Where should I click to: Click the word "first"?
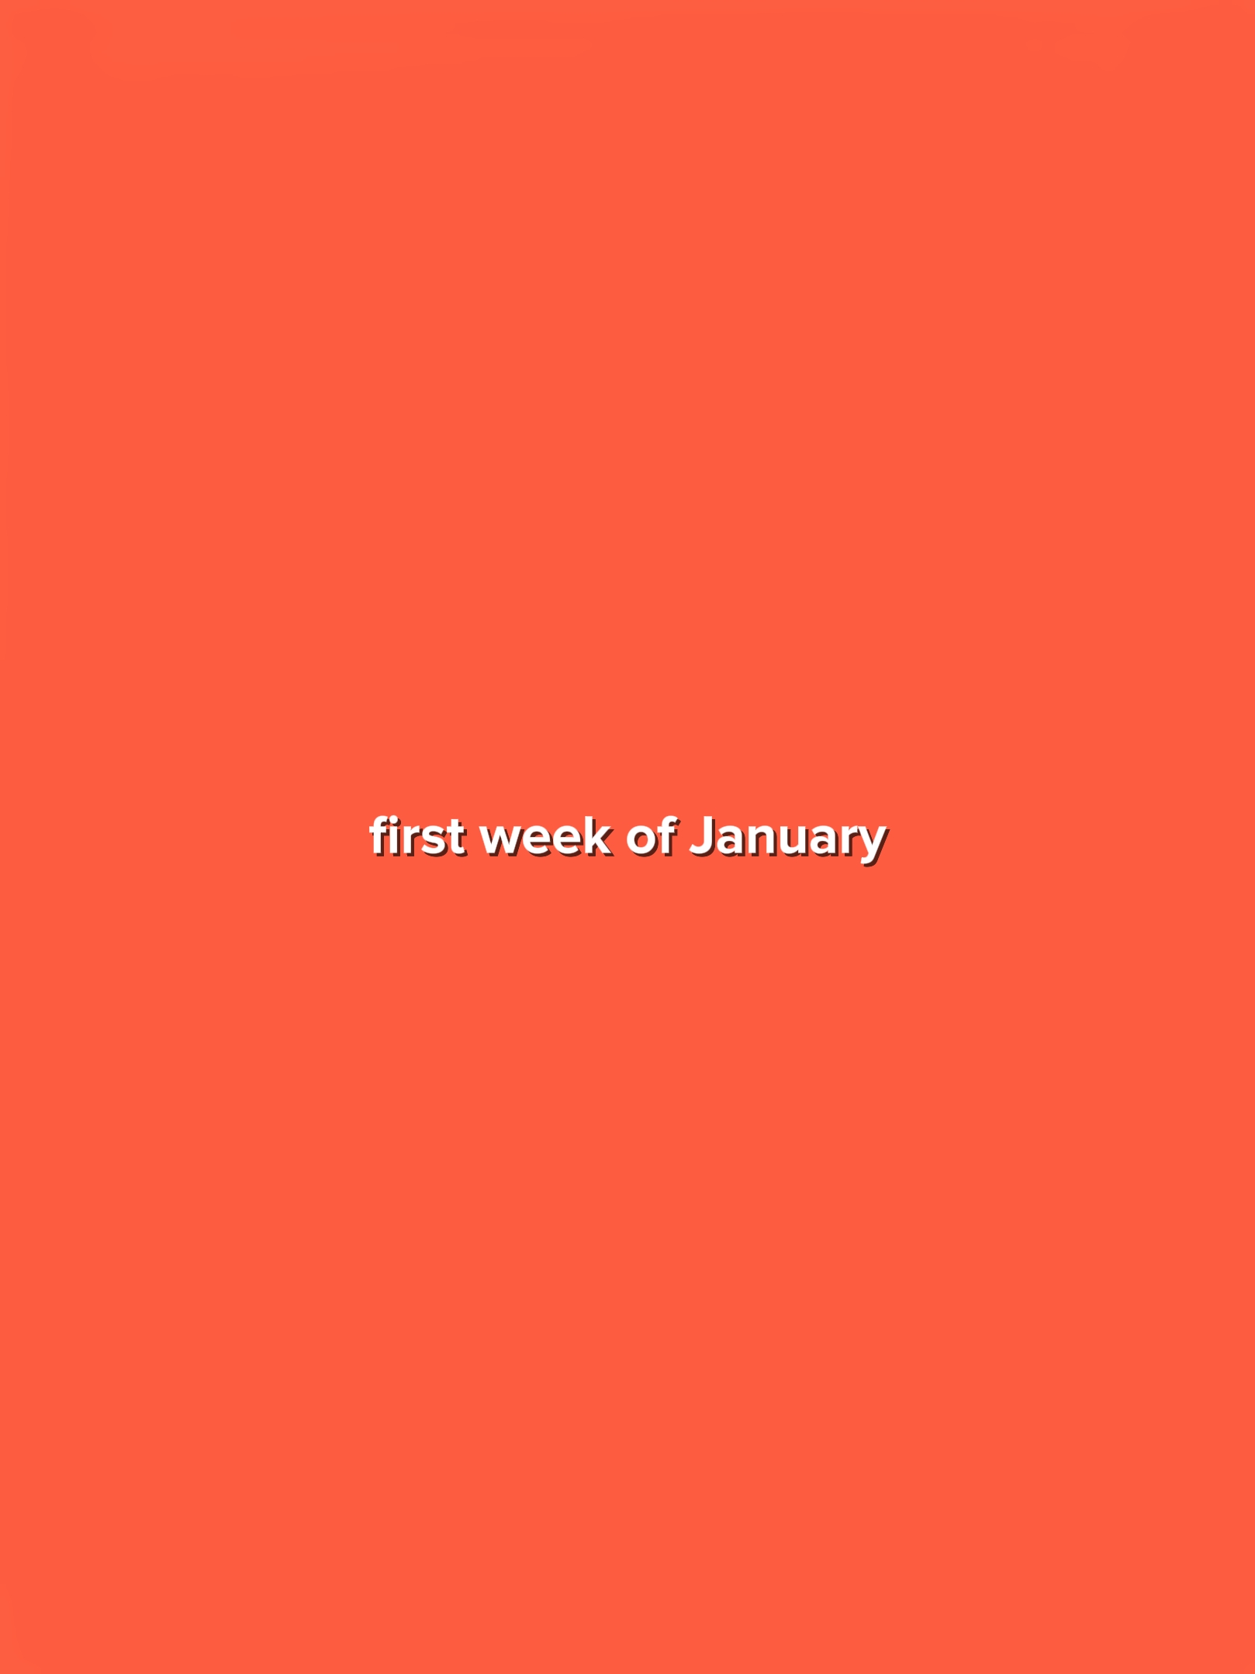click(x=417, y=837)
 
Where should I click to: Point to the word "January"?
click(x=788, y=841)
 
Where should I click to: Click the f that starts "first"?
click(x=379, y=836)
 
